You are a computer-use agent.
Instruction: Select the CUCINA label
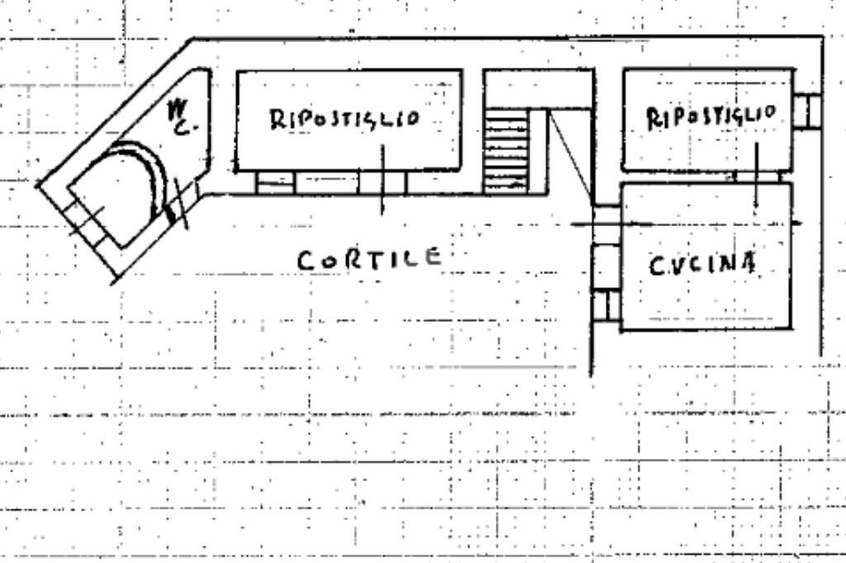[x=701, y=264]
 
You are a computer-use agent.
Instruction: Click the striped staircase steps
[x=506, y=151]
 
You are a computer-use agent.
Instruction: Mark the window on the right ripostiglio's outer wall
[x=807, y=111]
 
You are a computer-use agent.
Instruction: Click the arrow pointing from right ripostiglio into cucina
[x=757, y=177]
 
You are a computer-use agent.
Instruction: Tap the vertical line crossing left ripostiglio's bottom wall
[x=382, y=180]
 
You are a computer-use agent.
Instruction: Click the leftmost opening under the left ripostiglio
[x=274, y=182]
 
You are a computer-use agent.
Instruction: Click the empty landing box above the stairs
[x=538, y=88]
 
